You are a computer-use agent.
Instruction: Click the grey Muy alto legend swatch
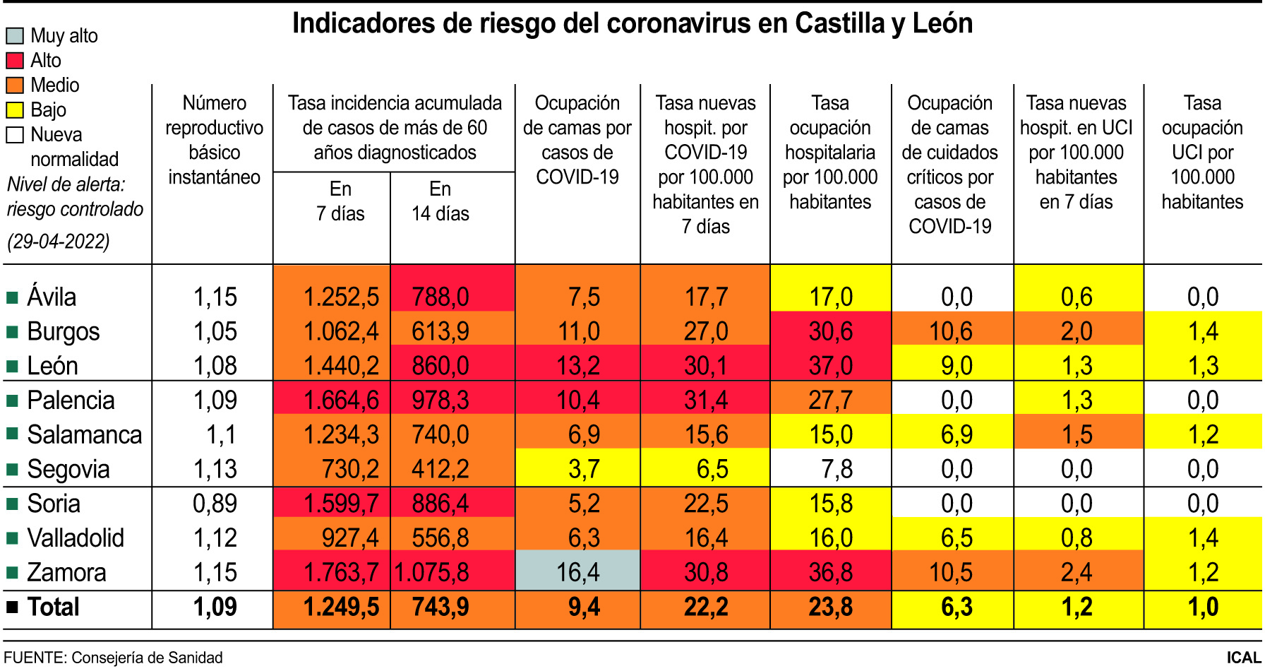click(15, 35)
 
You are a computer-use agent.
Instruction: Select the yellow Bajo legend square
click(15, 110)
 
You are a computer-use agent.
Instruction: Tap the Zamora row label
click(66, 572)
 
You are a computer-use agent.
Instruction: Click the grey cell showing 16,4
click(578, 571)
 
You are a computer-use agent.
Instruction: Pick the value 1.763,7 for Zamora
click(341, 572)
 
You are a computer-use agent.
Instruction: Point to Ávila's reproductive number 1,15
click(215, 297)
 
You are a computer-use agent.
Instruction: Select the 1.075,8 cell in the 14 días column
click(433, 572)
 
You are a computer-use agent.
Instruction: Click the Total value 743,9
click(440, 607)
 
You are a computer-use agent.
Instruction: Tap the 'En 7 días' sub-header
click(340, 201)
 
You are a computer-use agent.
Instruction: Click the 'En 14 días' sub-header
click(440, 201)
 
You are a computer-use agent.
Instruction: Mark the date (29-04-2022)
click(59, 242)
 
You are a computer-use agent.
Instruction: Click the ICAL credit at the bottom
click(1244, 658)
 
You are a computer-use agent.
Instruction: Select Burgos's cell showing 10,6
click(951, 331)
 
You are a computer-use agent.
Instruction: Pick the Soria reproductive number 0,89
click(215, 504)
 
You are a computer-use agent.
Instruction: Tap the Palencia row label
click(71, 400)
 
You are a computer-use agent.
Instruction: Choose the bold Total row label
click(53, 607)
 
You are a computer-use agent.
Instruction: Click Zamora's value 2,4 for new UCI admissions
click(1077, 572)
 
